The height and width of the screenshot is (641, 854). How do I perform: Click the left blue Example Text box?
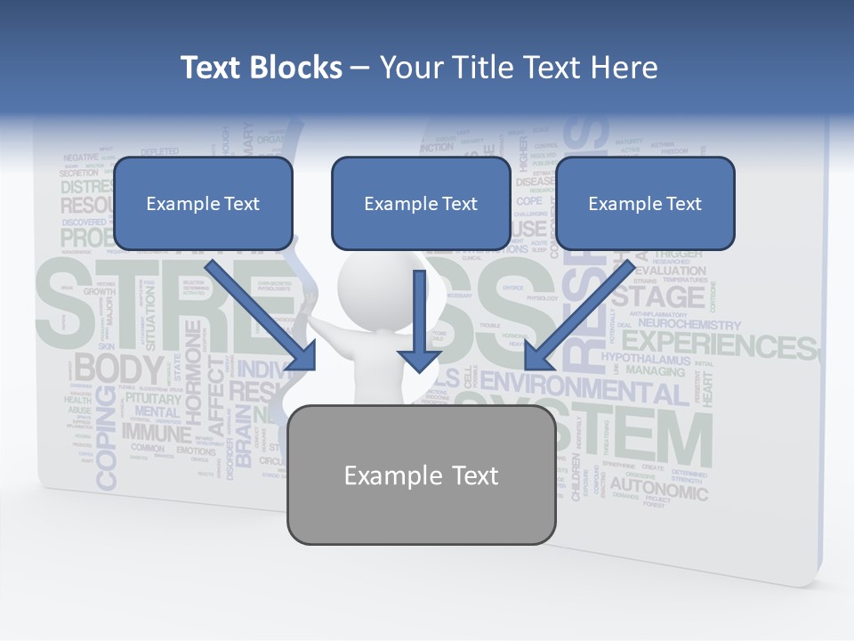pos(203,203)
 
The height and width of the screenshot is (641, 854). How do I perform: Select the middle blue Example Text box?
pos(421,203)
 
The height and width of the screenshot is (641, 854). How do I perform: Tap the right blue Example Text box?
pos(645,203)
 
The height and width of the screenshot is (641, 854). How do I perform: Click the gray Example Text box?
pos(421,475)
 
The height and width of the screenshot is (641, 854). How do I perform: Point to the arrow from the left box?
pos(263,316)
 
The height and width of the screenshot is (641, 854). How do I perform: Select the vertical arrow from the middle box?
pos(419,320)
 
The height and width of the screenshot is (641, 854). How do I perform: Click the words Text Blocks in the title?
pos(261,68)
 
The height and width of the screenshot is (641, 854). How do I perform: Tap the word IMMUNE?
pos(157,434)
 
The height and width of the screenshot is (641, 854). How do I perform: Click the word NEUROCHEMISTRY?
pos(689,326)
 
